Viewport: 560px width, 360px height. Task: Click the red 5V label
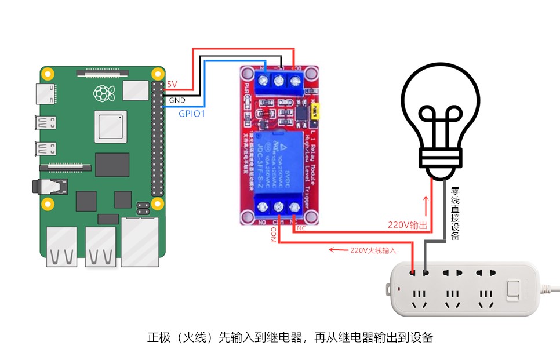coord(172,85)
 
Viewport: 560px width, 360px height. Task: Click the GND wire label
coord(177,100)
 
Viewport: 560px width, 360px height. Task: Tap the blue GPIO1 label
coord(192,114)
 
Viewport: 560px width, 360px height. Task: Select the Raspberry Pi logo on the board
coord(103,92)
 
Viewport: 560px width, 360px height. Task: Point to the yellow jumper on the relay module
coord(314,114)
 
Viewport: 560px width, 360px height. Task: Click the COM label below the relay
coord(273,235)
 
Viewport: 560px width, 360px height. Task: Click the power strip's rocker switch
coord(512,290)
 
